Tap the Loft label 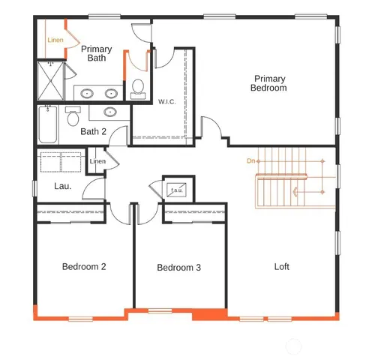click(281, 266)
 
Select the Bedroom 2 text click(83, 266)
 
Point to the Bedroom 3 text click(178, 268)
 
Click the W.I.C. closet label click(166, 101)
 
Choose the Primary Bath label click(96, 54)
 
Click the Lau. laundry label click(62, 185)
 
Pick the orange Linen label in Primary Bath click(55, 40)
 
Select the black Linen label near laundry click(97, 162)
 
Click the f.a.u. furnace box click(178, 190)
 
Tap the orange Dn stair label click(251, 160)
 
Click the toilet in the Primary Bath click(137, 88)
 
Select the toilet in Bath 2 click(73, 118)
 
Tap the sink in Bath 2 click(111, 112)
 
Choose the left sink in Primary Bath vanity click(87, 94)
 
